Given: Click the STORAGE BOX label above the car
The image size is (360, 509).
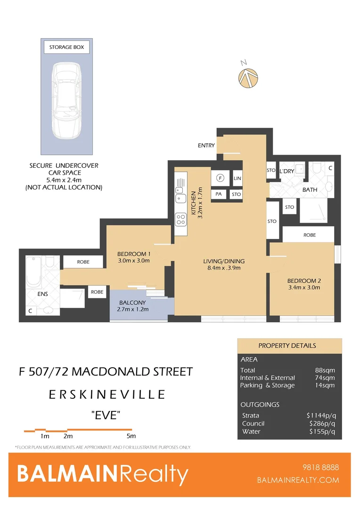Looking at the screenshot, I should tap(66, 47).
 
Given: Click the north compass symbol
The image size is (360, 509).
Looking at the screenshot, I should tap(248, 77).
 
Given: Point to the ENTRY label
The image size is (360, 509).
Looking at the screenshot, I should tap(206, 146).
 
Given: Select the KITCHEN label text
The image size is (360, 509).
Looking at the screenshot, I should tap(196, 202).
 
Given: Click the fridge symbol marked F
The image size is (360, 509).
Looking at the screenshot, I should tap(220, 178).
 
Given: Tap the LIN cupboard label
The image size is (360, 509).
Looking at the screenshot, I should tap(237, 178).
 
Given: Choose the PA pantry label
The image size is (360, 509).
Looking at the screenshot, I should tap(219, 194).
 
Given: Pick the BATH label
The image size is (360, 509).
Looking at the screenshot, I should tap(310, 190).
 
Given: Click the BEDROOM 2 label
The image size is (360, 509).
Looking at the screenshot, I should tap(304, 280).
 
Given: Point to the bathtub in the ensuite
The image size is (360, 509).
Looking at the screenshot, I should tap(34, 271).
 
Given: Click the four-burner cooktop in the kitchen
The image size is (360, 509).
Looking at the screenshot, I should tap(180, 219).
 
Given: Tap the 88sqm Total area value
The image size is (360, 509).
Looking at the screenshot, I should tap(325, 370).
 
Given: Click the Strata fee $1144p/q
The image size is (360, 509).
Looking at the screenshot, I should tap(321, 416).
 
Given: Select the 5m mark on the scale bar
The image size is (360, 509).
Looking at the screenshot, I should tap(131, 436).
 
